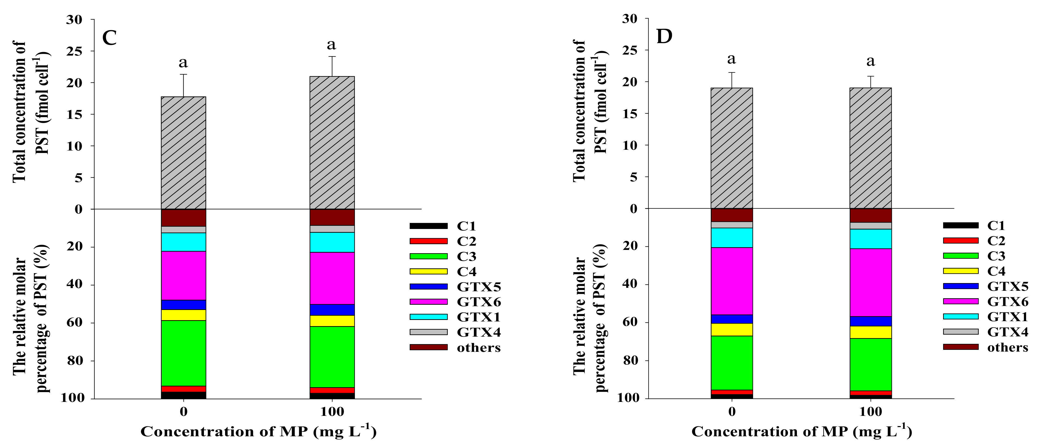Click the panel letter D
click(x=664, y=37)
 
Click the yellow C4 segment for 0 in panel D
click(x=731, y=329)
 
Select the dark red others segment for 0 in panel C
click(x=183, y=218)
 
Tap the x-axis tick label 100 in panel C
click(x=332, y=412)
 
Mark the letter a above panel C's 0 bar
click(x=183, y=63)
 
